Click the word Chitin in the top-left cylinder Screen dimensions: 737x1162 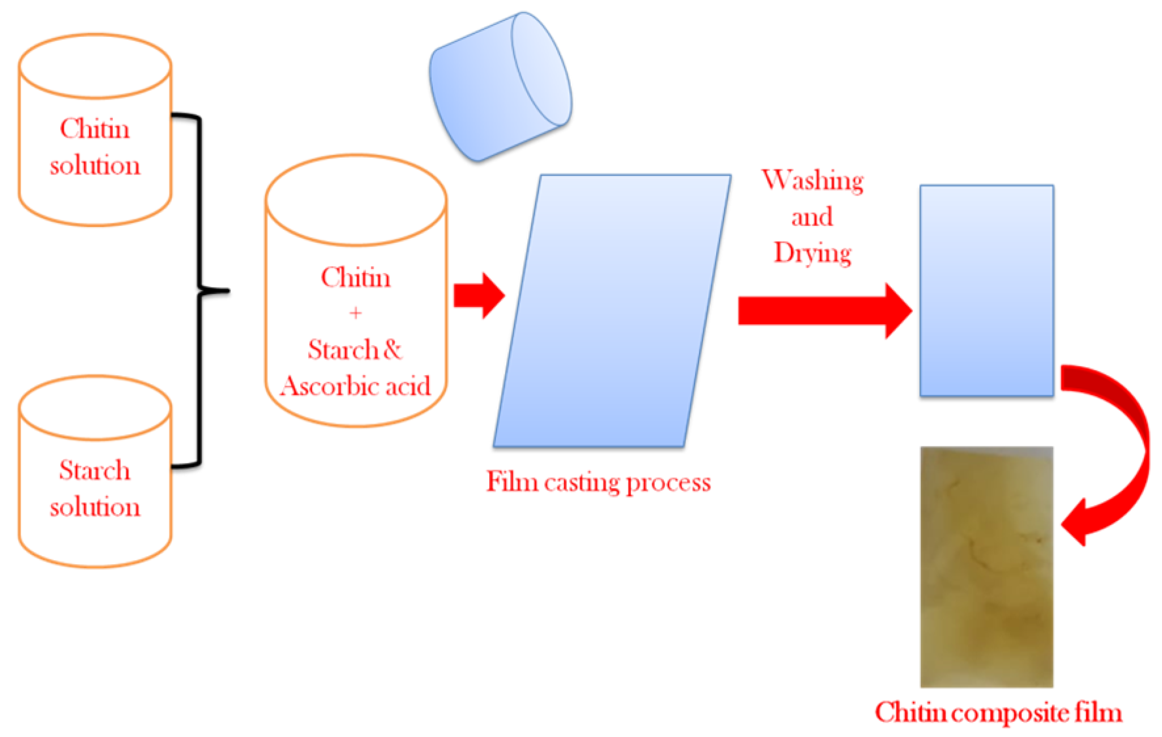coord(95,129)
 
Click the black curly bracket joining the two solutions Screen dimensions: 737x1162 coord(200,290)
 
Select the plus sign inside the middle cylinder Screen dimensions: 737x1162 coord(355,313)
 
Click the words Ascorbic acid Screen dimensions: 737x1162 coord(355,387)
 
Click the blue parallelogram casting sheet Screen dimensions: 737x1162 coord(611,310)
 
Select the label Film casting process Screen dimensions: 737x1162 coord(598,482)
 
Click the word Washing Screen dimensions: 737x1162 coord(813,180)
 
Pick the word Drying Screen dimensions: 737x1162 coord(813,252)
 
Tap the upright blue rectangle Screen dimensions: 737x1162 coord(986,290)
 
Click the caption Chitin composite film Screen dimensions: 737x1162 coord(998,713)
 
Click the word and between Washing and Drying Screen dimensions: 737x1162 coord(812,217)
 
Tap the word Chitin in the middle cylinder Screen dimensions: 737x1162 coord(355,278)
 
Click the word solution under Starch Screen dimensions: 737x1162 coord(95,507)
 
